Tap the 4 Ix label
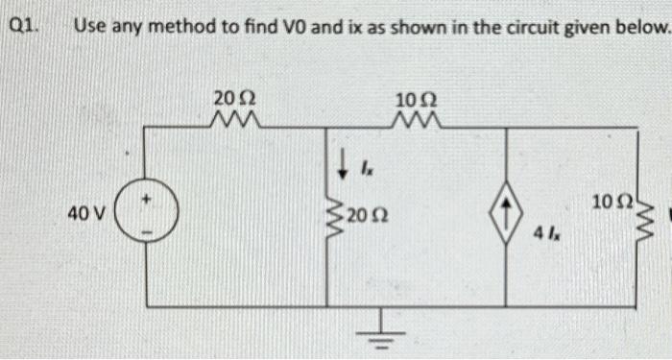tap(549, 234)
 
